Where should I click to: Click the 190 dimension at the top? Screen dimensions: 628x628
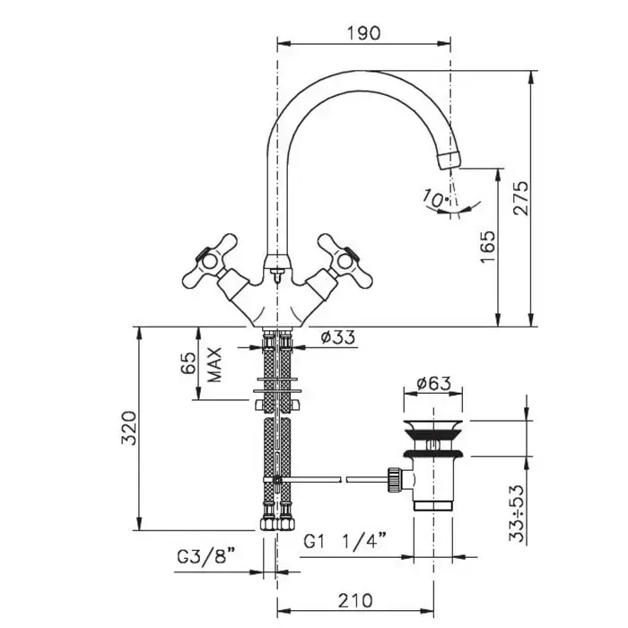pyautogui.click(x=364, y=31)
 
